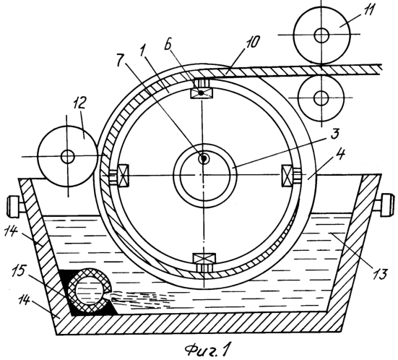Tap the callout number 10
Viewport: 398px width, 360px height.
253,42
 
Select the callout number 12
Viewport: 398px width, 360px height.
80,103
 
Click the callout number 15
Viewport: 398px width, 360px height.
20,271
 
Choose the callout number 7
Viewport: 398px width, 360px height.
122,61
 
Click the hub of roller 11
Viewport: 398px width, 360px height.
321,35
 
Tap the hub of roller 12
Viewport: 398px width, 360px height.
67,156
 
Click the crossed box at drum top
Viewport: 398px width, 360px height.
202,93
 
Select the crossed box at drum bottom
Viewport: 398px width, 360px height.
204,259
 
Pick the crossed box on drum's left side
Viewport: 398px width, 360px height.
124,175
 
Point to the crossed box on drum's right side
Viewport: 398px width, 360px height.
287,176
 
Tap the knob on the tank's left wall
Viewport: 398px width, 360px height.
14,206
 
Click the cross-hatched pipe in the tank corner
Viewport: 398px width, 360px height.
89,289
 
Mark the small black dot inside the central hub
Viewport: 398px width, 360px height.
204,159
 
